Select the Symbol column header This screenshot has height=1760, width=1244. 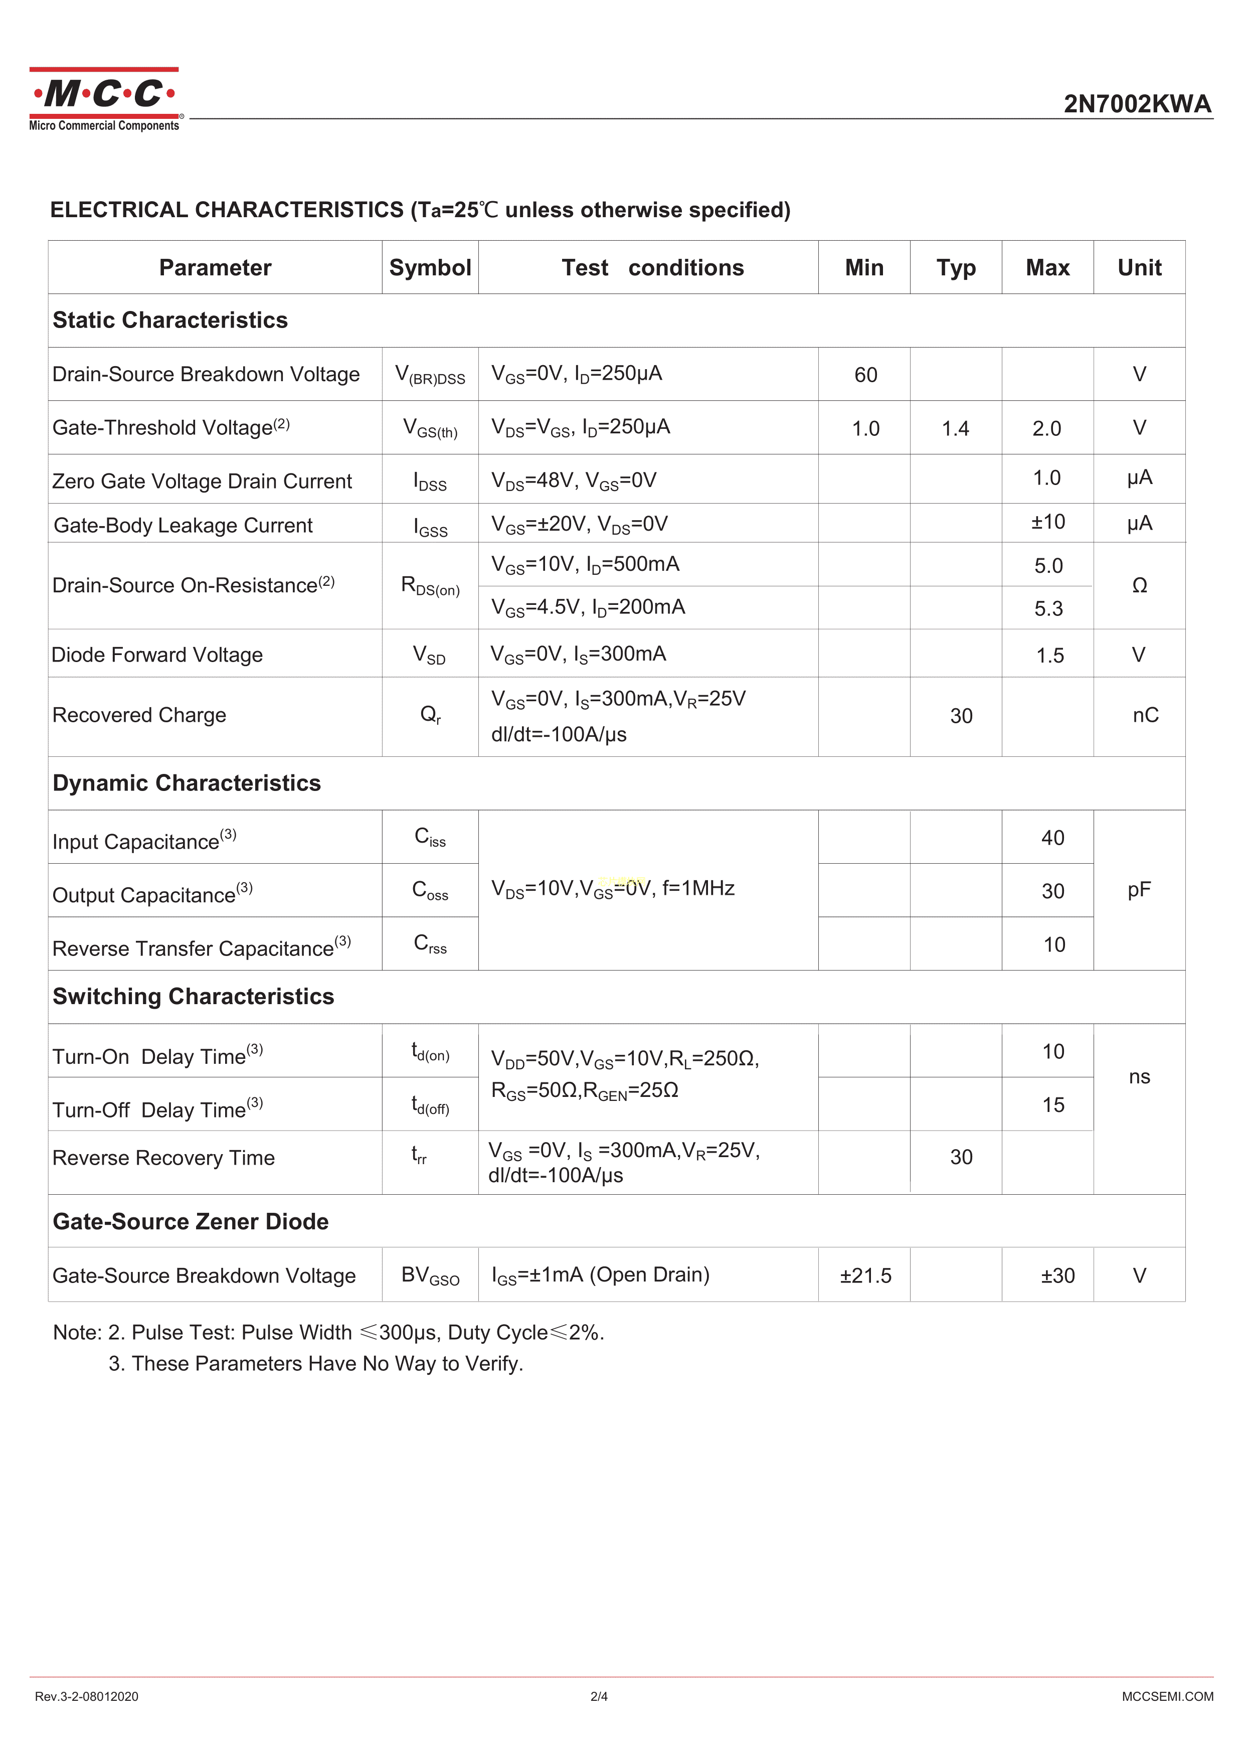pos(430,267)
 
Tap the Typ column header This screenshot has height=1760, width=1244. pos(956,267)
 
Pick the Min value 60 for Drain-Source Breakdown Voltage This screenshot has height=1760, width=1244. pos(865,375)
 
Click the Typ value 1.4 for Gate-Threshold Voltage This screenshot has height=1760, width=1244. pos(955,428)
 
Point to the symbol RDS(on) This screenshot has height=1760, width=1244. pos(430,586)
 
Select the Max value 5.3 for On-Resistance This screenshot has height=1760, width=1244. pos(1048,608)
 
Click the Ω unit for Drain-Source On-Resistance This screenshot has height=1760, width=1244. pos(1139,586)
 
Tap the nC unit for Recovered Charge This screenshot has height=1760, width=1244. pos(1145,715)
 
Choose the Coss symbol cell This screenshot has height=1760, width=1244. pos(430,890)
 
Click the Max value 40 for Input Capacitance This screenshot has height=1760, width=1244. pos(1052,838)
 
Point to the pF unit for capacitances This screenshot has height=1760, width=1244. pos(1139,890)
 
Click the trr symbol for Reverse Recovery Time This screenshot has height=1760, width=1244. pos(419,1155)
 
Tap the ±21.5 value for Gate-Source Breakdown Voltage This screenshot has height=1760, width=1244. pos(865,1275)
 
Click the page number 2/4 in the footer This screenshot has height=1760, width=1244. pos(599,1696)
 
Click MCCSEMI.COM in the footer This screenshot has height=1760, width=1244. pos(1167,1696)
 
